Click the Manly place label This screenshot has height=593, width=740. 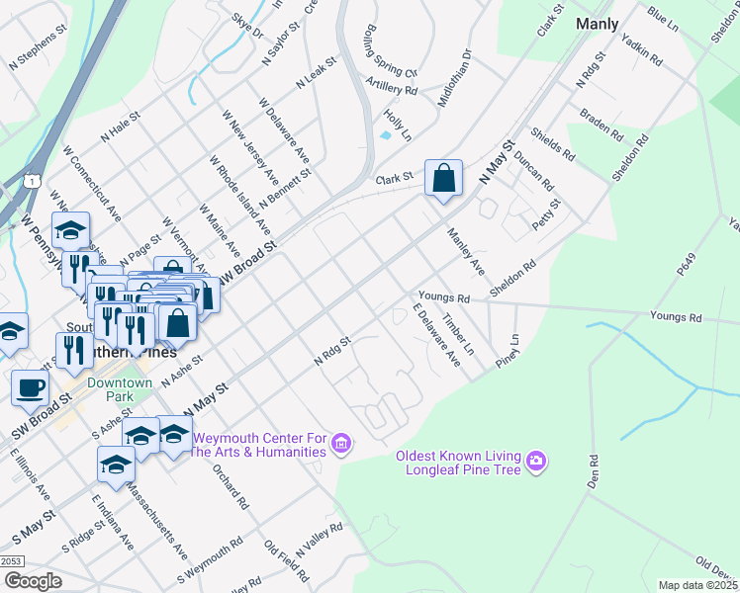coord(597,24)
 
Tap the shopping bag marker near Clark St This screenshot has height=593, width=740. coord(444,179)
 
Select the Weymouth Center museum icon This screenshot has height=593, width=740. coord(342,444)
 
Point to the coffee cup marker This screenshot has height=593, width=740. coord(30,386)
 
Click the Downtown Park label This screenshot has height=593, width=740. coord(120,389)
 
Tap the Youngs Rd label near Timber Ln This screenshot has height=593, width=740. coord(442,296)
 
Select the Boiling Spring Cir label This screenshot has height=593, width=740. coord(392,52)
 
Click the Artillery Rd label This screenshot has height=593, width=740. coord(391,89)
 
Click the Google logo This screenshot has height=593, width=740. coord(33,581)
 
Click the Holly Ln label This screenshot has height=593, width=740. coord(399,125)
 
